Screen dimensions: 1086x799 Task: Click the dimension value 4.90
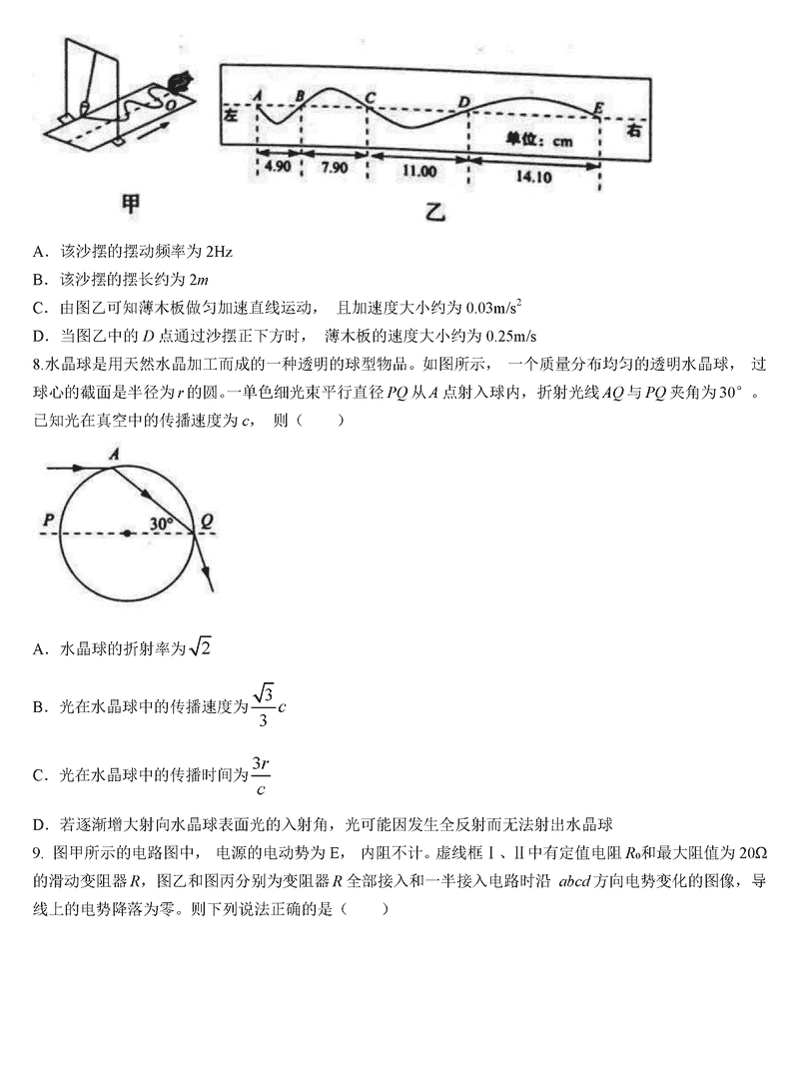(x=276, y=167)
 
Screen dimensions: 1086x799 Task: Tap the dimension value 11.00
(x=418, y=171)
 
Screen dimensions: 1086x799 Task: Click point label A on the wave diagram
(x=259, y=95)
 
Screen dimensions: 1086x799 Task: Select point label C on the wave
(x=370, y=97)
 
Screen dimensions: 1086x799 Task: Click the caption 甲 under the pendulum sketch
(x=130, y=204)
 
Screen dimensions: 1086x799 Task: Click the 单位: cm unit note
(x=539, y=141)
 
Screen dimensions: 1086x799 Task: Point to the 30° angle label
(x=162, y=523)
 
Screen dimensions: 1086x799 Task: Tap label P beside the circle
(x=47, y=520)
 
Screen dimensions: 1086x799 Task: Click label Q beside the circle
(x=206, y=520)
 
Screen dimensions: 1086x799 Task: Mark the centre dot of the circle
(x=126, y=534)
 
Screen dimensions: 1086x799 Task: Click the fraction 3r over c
(x=261, y=775)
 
